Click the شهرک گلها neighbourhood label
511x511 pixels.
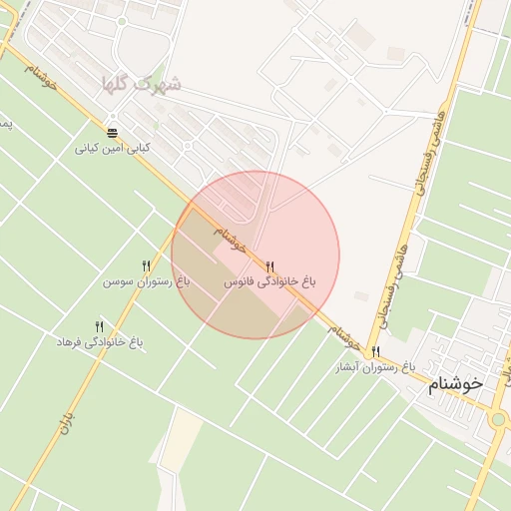[148, 84]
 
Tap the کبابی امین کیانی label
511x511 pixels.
[113, 148]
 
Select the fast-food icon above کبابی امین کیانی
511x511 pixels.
[112, 132]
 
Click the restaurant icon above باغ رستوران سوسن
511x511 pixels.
[147, 265]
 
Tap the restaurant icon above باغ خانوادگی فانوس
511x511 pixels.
[269, 266]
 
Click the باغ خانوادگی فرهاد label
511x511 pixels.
[100, 342]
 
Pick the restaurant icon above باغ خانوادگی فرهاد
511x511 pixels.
[99, 326]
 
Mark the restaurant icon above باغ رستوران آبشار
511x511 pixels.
[375, 351]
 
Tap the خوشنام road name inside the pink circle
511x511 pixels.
[230, 239]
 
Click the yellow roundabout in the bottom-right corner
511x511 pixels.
[498, 419]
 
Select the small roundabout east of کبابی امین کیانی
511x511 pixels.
[187, 146]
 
